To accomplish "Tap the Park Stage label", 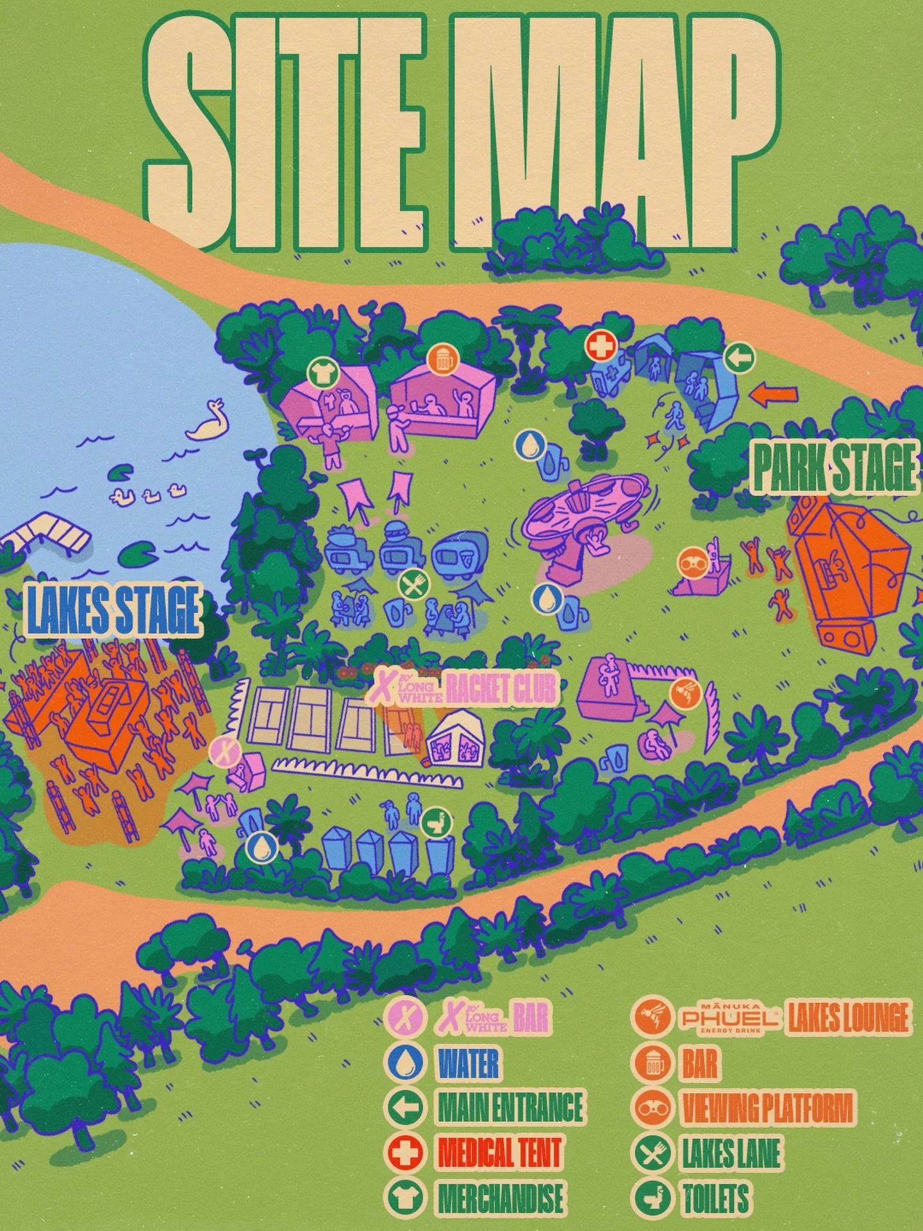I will point(835,467).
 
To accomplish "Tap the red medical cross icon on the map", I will point(601,347).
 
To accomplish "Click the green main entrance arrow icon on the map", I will point(739,358).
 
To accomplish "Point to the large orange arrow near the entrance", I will point(774,394).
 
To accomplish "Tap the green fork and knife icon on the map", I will point(414,585).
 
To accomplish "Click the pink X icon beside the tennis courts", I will point(225,751).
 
